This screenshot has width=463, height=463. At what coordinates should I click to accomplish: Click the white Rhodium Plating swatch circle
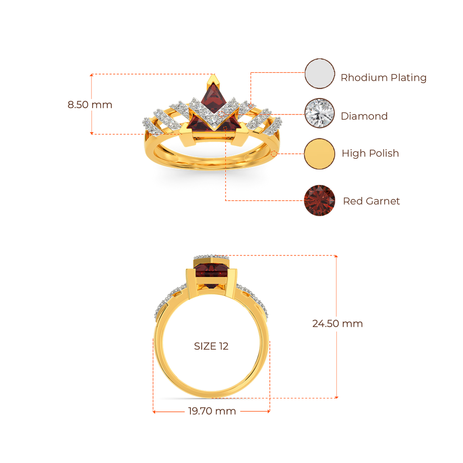click(320, 74)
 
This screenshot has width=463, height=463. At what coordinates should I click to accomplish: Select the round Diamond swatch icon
click(320, 113)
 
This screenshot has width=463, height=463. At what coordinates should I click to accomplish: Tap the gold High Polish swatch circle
click(320, 154)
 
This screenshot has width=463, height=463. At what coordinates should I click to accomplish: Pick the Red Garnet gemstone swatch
click(320, 200)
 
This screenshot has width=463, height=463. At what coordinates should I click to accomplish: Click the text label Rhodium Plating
click(383, 78)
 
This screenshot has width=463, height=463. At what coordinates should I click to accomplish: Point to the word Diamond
click(364, 116)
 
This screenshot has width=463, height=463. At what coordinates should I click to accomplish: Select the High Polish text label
click(370, 153)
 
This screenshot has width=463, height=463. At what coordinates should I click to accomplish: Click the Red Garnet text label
click(371, 201)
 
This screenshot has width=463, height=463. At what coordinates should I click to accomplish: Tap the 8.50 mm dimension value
click(90, 105)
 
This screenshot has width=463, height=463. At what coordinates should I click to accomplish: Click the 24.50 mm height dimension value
click(337, 324)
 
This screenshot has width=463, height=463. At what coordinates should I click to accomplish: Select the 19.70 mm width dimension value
click(212, 411)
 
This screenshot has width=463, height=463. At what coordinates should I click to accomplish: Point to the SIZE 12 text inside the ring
click(212, 347)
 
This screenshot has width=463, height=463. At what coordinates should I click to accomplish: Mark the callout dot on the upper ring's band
click(274, 154)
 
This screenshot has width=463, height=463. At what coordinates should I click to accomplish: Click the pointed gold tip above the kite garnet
click(213, 82)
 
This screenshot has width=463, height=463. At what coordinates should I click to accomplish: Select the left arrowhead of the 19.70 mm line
click(154, 411)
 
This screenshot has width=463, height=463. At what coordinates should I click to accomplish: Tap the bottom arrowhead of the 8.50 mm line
click(92, 133)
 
